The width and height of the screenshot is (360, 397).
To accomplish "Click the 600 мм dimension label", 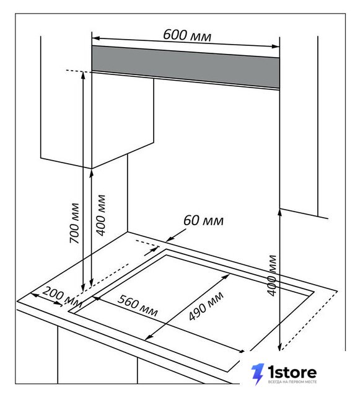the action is click(x=187, y=35).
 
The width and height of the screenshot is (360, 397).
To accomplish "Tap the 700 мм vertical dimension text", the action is click(x=74, y=223).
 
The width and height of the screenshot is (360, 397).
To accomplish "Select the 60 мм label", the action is click(x=203, y=221).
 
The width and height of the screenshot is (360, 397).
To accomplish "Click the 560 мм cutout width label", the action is click(x=138, y=305).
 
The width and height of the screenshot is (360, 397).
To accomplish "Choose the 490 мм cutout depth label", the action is click(x=206, y=306).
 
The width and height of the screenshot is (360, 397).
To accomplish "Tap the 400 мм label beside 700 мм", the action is click(x=101, y=215).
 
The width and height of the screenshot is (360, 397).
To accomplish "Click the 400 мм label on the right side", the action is click(x=272, y=275).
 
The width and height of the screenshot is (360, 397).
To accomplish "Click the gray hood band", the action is click(x=185, y=67).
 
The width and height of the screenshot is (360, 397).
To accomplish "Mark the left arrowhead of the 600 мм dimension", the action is click(x=95, y=38).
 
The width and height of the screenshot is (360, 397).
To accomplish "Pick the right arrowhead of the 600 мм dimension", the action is click(x=276, y=47).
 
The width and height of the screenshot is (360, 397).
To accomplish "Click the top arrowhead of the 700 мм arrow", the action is click(x=82, y=75).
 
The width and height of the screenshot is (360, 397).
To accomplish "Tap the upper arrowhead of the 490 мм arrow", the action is click(x=226, y=277).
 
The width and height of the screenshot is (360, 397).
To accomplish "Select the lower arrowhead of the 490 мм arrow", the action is click(x=149, y=337).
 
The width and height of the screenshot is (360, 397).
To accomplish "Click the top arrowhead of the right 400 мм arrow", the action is click(x=279, y=212).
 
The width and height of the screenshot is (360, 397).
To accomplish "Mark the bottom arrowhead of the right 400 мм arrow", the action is click(x=279, y=347).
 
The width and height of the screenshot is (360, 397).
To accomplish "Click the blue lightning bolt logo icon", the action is click(x=258, y=374).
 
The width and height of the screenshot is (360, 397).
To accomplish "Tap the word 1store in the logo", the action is click(x=292, y=372).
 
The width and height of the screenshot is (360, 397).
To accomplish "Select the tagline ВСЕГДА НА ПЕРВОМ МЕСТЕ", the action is click(x=292, y=382).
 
